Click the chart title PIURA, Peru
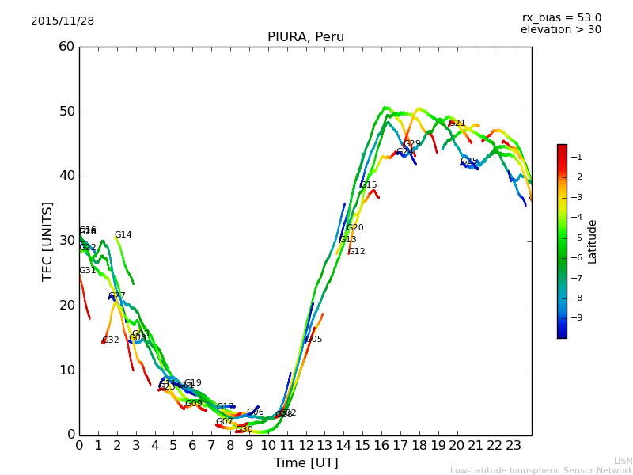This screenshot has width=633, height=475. [305, 37]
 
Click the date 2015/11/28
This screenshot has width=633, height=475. [63, 21]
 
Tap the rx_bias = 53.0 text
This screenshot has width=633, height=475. [561, 17]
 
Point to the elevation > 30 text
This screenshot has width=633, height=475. [560, 30]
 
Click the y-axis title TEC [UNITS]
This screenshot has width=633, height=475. [47, 241]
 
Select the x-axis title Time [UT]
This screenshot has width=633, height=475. [305, 463]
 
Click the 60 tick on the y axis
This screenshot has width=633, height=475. [66, 47]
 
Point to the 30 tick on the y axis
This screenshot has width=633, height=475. [66, 241]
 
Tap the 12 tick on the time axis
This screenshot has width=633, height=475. [306, 445]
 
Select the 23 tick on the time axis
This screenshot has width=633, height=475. [514, 445]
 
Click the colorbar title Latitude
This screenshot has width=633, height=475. [593, 241]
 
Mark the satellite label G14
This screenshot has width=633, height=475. [123, 235]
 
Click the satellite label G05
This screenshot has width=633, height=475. [314, 340]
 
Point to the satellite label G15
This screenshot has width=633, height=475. [368, 185]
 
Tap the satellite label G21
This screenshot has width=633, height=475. [457, 123]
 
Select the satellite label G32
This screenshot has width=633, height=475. [111, 340]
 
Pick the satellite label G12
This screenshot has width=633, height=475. [357, 252]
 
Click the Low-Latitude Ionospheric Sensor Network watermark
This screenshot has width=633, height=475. [541, 471]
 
